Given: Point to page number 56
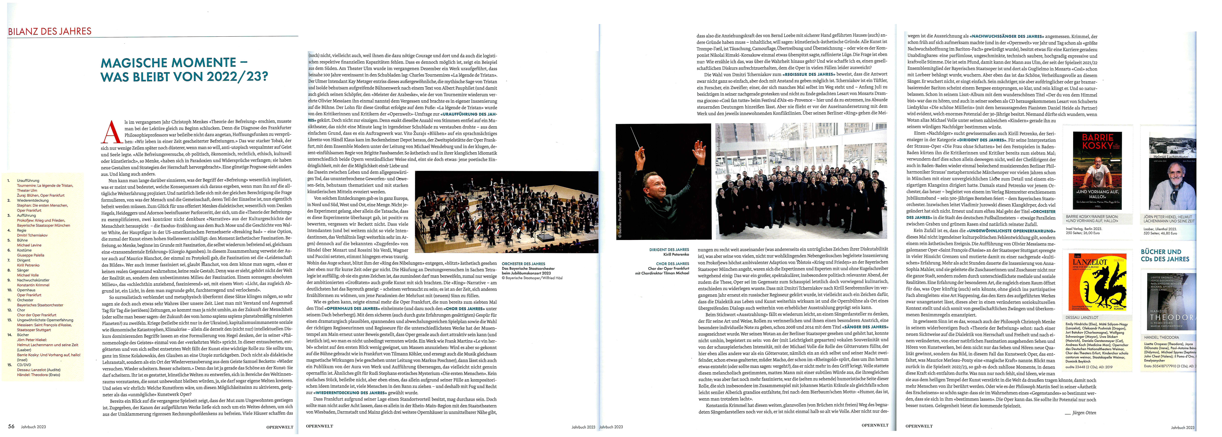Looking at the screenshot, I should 11,426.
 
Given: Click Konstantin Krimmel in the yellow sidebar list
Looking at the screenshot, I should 33,285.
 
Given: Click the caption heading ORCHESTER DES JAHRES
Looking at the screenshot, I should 523,264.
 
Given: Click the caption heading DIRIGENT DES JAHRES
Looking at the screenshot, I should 669,249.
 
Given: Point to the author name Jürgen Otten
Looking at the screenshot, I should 1084,412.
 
